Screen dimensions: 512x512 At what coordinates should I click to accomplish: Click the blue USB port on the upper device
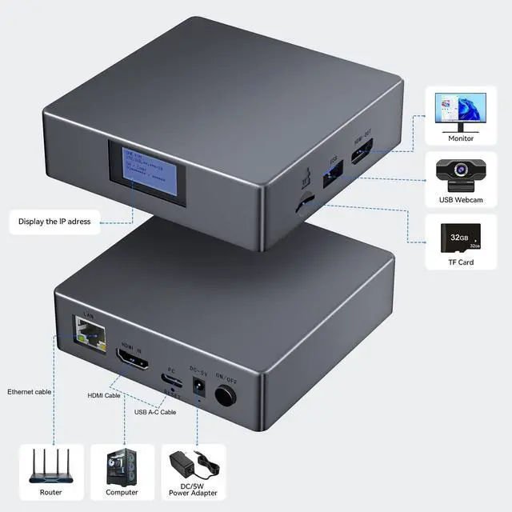(x=332, y=176)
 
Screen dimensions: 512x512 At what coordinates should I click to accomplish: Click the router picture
(x=50, y=468)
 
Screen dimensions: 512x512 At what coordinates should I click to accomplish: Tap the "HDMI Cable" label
(x=104, y=395)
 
